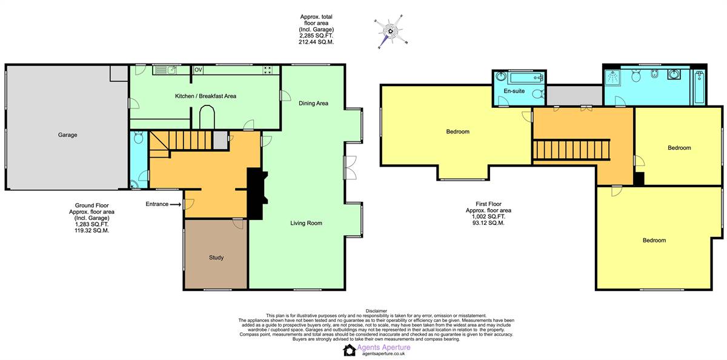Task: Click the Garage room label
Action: click(x=67, y=135)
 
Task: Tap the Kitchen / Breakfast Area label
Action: click(x=205, y=96)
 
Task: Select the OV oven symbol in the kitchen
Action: click(x=198, y=70)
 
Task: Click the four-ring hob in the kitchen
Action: click(x=268, y=70)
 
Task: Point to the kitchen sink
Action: click(x=165, y=70)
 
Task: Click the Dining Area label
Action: click(x=313, y=103)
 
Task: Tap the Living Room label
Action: click(x=306, y=223)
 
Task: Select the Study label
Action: click(x=216, y=258)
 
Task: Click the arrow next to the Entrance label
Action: click(x=176, y=204)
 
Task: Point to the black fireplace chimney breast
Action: click(x=256, y=194)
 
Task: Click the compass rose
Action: click(x=391, y=32)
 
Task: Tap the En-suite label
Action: click(x=514, y=91)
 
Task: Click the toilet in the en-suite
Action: click(x=538, y=94)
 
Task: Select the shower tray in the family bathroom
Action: click(x=612, y=77)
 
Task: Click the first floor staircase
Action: click(x=571, y=150)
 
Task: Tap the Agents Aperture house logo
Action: click(x=349, y=350)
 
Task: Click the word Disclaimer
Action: click(x=376, y=311)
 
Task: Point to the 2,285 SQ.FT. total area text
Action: click(x=316, y=36)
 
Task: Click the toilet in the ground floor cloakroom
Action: click(x=139, y=138)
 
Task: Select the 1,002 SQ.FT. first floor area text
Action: click(x=488, y=216)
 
